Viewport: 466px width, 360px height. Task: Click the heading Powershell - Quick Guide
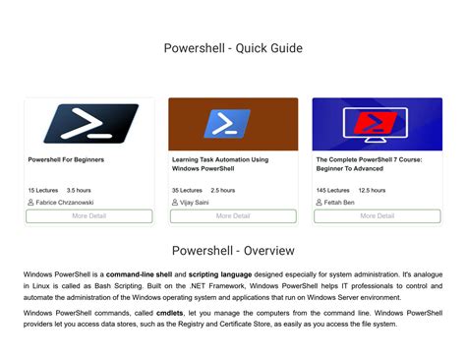233,48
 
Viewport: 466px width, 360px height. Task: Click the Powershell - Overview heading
233,250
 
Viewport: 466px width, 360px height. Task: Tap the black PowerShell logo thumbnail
88,124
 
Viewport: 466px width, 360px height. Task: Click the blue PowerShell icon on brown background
233,124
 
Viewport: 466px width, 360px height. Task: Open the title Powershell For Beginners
66,159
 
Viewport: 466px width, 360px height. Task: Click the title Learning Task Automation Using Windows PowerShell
220,163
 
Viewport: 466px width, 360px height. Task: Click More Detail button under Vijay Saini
233,215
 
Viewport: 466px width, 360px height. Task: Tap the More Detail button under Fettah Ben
377,215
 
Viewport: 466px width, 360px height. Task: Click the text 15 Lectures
43,190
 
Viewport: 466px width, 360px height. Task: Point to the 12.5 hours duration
372,190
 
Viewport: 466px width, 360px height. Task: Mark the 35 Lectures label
188,190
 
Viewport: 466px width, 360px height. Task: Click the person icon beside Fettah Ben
320,203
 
